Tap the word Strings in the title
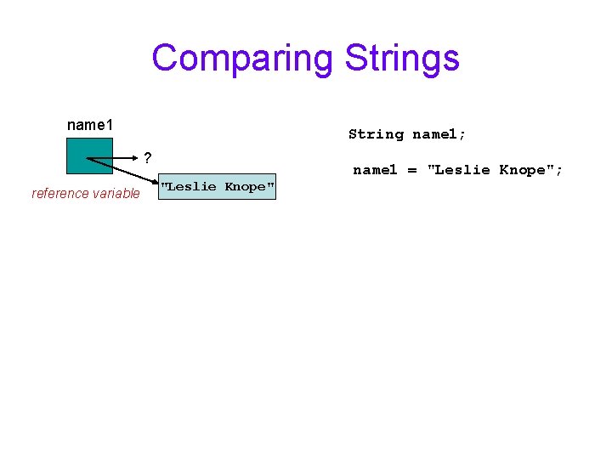[402, 58]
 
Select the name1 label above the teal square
[90, 126]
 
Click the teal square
[89, 156]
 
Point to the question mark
[148, 158]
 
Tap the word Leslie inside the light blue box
[191, 187]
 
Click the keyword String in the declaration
[376, 134]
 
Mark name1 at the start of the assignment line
[375, 170]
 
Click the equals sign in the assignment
[412, 170]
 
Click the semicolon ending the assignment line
[559, 171]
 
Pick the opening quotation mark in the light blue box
[164, 184]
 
